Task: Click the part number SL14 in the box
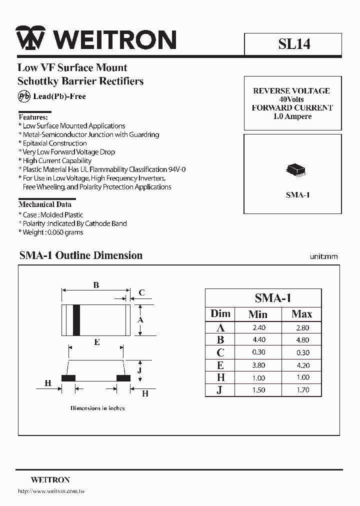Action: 294,44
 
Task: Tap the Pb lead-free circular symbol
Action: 24,96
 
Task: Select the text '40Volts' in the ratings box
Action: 291,99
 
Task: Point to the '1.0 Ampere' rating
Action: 292,116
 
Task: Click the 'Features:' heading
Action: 33,117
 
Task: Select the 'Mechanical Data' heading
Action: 45,204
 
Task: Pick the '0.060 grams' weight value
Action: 65,232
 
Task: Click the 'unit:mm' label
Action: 323,256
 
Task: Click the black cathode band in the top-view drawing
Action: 76,320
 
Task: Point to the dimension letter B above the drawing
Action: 96,285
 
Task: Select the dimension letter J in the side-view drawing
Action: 140,370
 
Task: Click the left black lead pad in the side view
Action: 68,378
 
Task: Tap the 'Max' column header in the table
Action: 301,314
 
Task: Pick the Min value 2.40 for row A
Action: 258,328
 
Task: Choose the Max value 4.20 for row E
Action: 302,365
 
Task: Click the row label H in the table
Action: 220,377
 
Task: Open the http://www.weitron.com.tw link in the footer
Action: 51,491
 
